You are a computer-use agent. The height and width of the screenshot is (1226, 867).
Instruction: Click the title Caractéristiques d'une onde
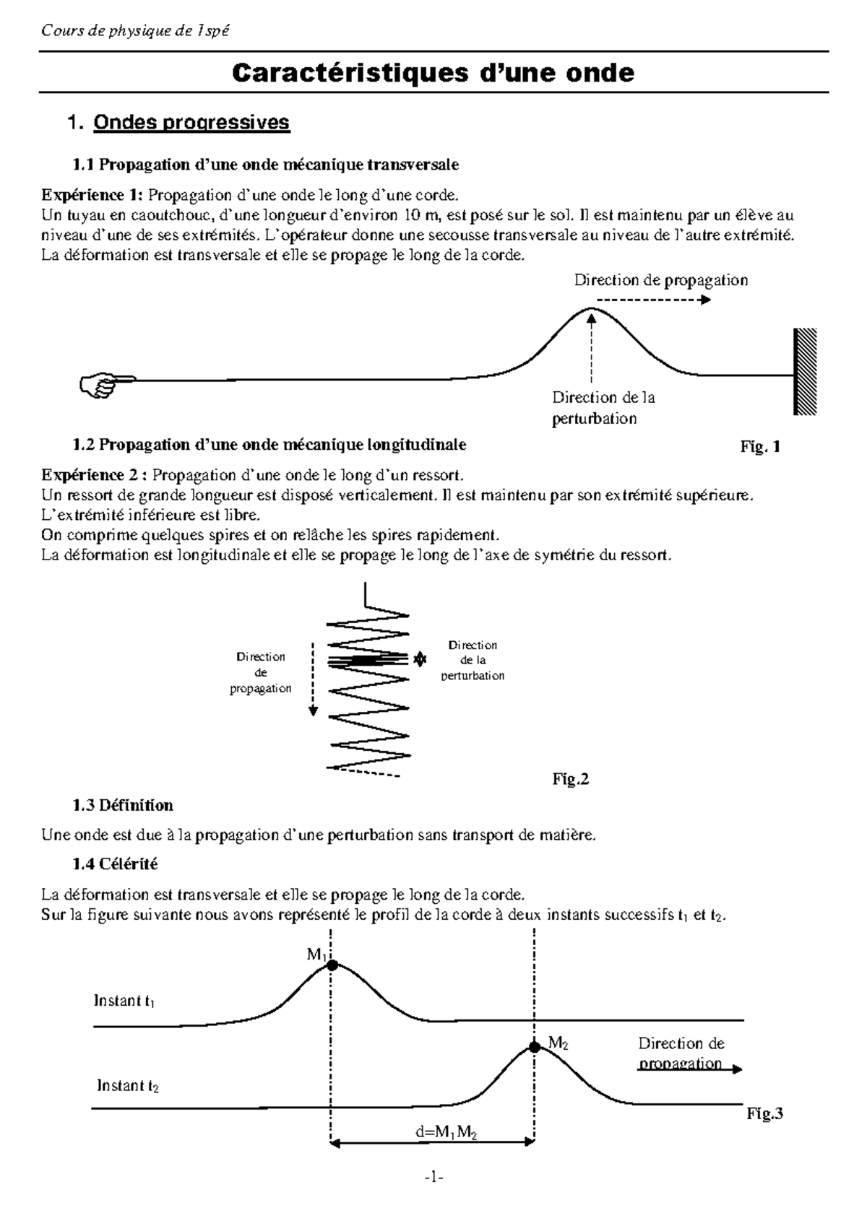433,73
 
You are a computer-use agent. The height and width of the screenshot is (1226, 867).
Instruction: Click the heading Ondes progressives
191,123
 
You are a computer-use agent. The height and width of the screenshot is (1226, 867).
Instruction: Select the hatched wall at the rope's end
805,371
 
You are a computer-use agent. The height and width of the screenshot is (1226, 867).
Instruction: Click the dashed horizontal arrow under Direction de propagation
653,300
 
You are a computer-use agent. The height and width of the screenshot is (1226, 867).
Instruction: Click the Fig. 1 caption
760,447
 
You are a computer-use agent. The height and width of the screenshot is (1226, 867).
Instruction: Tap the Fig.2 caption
571,779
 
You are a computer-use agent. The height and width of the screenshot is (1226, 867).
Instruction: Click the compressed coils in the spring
368,659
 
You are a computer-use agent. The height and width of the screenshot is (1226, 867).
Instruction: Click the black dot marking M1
331,965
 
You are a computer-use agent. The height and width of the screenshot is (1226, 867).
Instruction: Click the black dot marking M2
535,1046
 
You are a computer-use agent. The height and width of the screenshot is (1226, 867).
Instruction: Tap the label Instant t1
124,1001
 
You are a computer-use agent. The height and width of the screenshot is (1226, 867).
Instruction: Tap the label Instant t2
127,1086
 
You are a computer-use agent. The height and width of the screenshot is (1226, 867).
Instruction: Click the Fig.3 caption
764,1113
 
